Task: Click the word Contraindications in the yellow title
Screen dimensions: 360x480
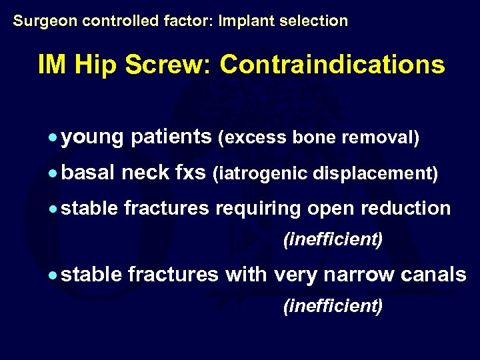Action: click(x=332, y=65)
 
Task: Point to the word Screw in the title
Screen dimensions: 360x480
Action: click(x=176, y=65)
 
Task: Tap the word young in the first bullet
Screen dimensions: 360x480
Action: click(x=93, y=138)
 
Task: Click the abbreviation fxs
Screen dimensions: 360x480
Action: click(x=190, y=173)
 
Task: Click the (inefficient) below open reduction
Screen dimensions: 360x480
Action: click(x=333, y=239)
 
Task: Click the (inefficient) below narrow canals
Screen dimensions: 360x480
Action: click(x=333, y=306)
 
